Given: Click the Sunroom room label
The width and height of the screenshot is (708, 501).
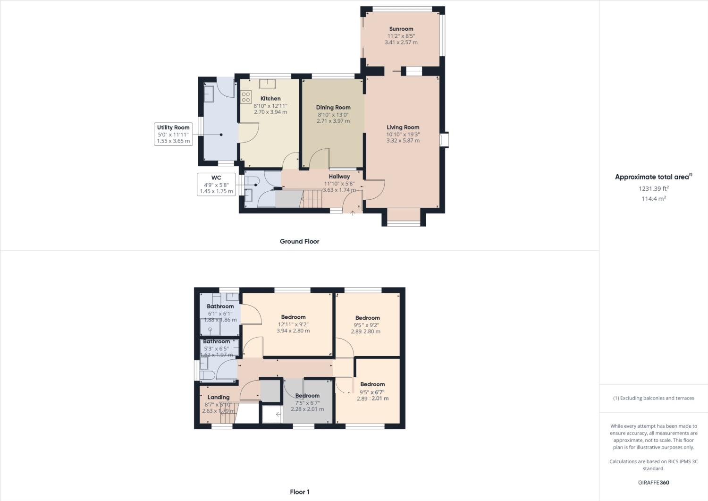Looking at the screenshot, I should point(401,29).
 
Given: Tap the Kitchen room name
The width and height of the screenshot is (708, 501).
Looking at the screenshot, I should point(270,99).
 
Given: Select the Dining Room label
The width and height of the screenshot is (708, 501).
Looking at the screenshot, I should point(333,107).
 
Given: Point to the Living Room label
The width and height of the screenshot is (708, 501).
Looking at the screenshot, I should point(403,127).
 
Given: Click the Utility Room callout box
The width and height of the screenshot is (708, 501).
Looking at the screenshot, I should point(173,134).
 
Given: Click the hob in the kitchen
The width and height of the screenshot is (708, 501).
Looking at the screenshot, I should point(245,97).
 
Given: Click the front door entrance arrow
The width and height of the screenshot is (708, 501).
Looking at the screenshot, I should point(353,213).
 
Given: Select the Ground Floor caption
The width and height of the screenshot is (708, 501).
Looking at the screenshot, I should point(299,241).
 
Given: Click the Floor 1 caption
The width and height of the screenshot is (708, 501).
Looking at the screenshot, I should point(300,492).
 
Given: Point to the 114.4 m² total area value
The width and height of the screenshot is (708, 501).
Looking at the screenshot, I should point(653,199).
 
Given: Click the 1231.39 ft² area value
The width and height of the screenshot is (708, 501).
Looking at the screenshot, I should point(653,188).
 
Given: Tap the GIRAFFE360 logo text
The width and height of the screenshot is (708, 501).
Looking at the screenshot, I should point(653,483).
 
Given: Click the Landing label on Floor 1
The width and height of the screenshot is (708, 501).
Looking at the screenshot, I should point(218,397).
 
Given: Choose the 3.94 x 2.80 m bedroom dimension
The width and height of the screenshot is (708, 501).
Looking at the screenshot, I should point(293,331).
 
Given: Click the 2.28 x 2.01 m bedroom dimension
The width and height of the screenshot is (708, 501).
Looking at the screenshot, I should point(307,409).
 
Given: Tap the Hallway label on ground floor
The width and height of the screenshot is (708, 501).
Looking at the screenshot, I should point(339,177).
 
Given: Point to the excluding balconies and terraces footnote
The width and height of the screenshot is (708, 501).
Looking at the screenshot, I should point(653,398).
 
